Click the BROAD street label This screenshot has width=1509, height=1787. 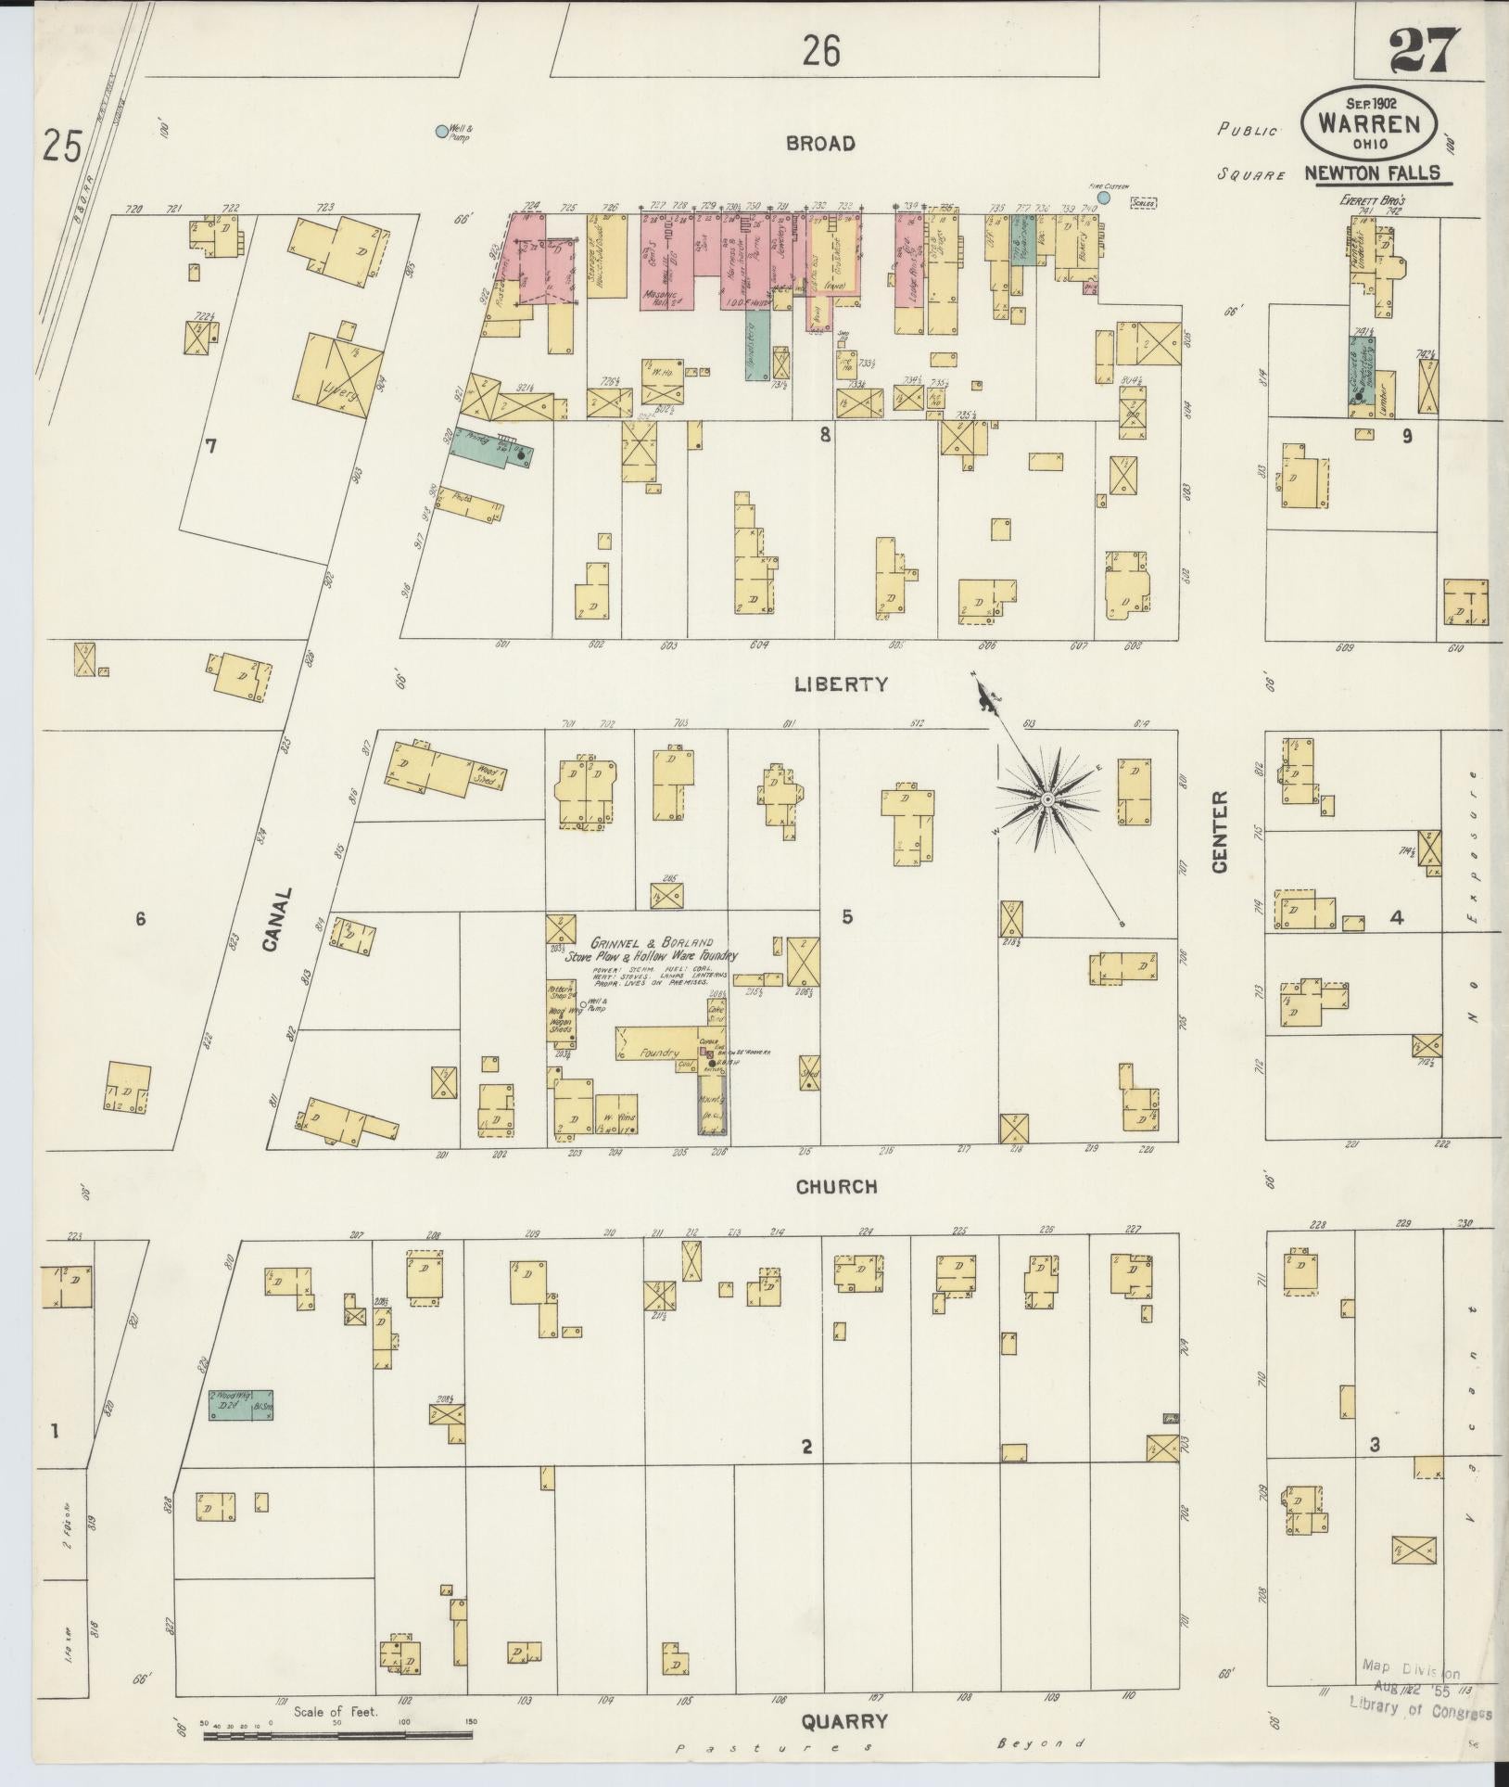(x=820, y=144)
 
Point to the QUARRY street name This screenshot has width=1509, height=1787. (x=844, y=1721)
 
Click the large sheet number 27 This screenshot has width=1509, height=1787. (x=1424, y=52)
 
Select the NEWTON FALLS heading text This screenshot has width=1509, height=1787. (x=1373, y=173)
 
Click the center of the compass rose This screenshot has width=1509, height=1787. (x=1046, y=798)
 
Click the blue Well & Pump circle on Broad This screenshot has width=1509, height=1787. (x=441, y=132)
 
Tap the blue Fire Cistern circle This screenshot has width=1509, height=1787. (x=1103, y=198)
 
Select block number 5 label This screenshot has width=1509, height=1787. (x=847, y=917)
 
